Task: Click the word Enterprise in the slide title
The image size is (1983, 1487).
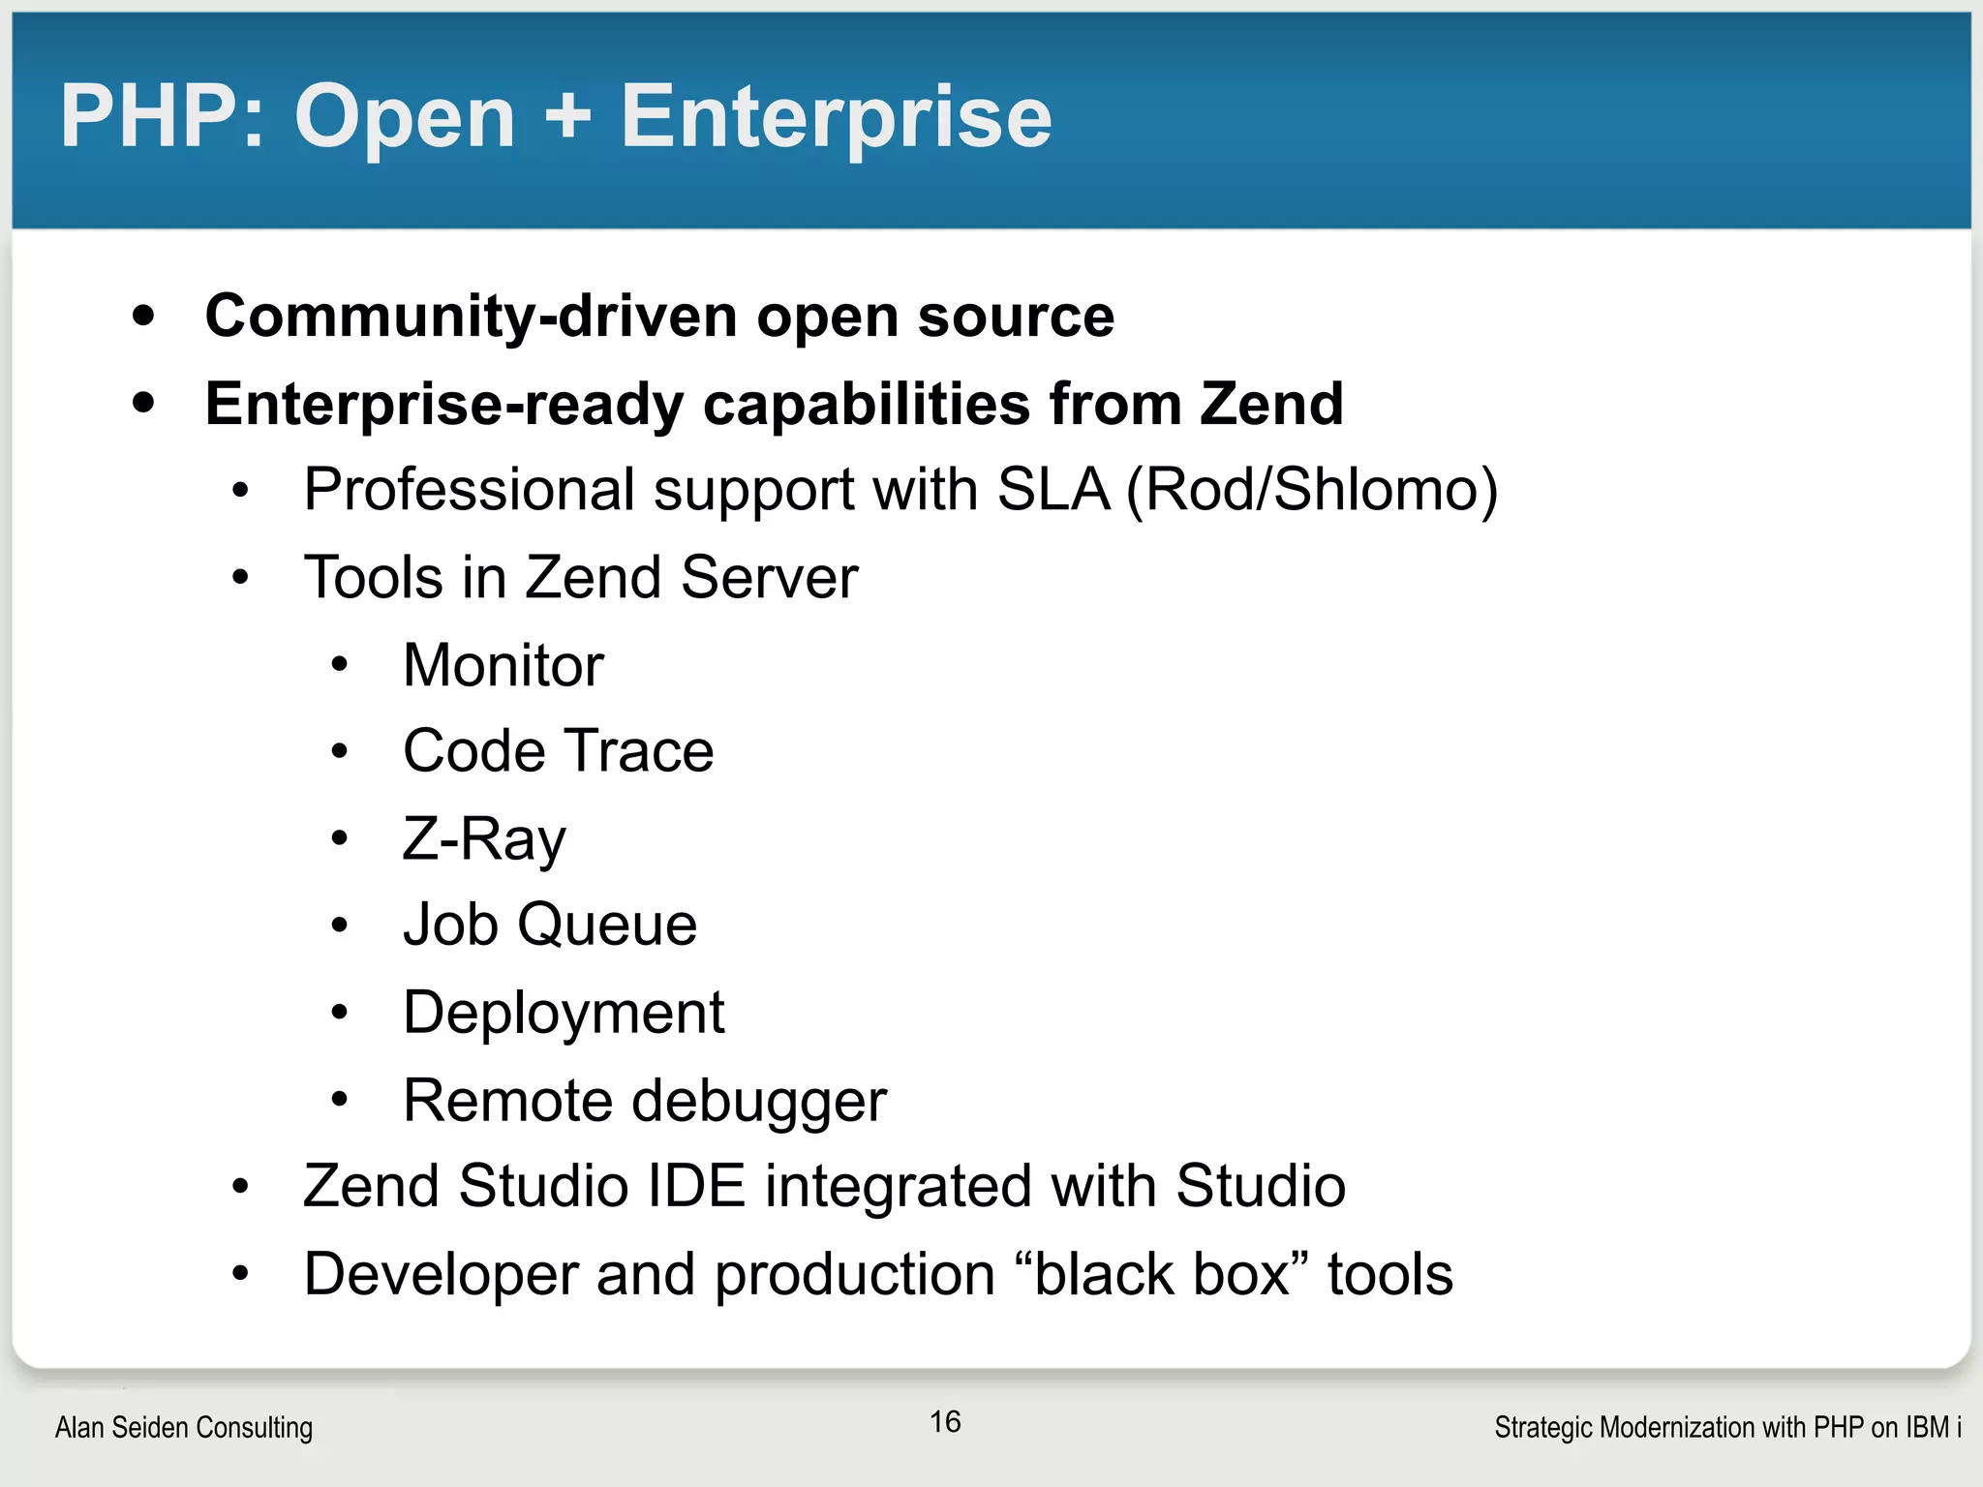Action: pos(836,118)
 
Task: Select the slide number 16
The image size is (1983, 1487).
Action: pos(945,1421)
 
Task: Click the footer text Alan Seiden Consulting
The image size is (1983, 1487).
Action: pos(184,1427)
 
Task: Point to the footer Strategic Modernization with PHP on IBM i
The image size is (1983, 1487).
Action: pos(1727,1427)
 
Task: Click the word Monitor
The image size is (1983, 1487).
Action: pos(503,666)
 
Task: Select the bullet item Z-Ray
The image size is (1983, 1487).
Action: pos(484,839)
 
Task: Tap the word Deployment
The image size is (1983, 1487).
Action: pos(564,1014)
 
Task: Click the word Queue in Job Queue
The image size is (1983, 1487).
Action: pos(607,925)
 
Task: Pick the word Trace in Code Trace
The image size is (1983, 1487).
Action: pos(639,751)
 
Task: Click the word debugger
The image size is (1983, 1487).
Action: pos(758,1102)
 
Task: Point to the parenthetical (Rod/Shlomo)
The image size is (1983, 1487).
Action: pos(1312,490)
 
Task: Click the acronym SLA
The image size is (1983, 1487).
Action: pos(1053,490)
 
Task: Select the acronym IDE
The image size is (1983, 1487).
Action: pos(696,1186)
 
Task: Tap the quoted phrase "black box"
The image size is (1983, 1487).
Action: pos(1162,1274)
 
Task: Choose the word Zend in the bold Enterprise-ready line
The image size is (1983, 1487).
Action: pos(1271,404)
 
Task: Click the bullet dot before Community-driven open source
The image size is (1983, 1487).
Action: pos(144,316)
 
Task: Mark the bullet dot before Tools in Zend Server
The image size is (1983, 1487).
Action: pos(240,579)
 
